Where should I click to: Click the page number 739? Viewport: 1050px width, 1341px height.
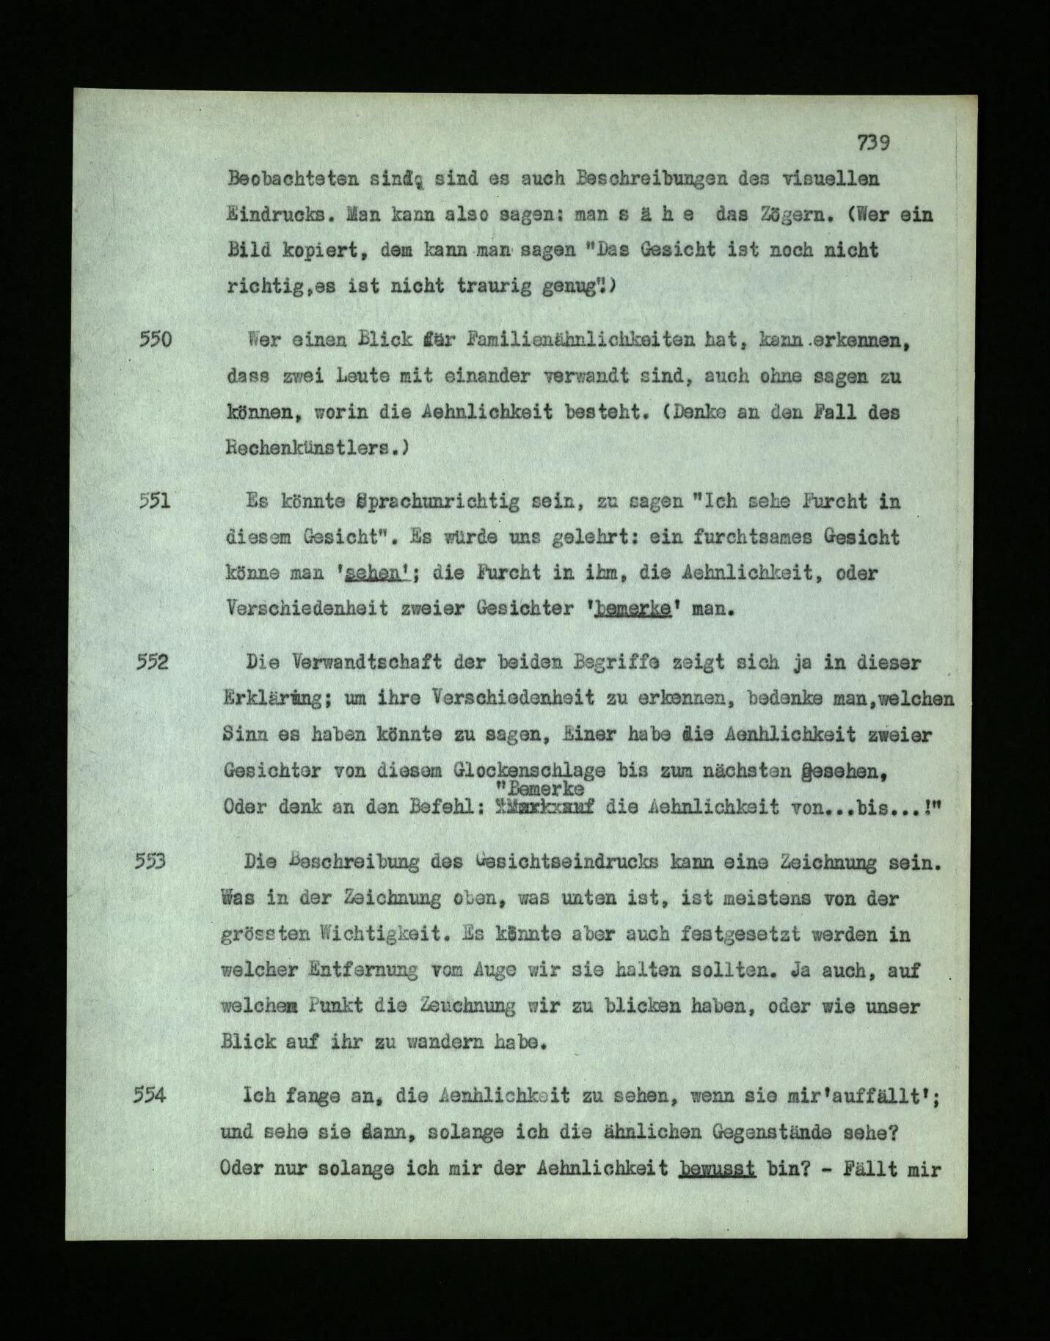click(x=873, y=143)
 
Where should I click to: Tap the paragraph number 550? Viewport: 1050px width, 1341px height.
click(x=155, y=340)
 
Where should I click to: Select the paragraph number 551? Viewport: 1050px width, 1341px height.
click(x=155, y=501)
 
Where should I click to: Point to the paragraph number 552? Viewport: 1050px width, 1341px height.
click(x=153, y=662)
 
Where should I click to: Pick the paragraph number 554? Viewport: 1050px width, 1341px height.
click(x=151, y=1095)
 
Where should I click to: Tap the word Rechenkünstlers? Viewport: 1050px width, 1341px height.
click(x=316, y=448)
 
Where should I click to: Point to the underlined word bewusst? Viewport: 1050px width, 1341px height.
click(x=718, y=1168)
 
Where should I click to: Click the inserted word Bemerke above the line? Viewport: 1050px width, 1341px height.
click(x=545, y=789)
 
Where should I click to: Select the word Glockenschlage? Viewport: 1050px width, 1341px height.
click(x=531, y=771)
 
